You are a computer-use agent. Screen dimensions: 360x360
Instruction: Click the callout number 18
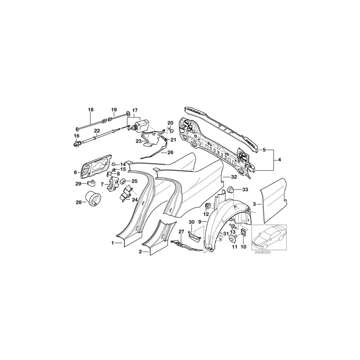point(90,110)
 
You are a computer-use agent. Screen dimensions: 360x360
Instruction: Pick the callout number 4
point(279,160)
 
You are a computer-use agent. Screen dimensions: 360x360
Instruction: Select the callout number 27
point(181,231)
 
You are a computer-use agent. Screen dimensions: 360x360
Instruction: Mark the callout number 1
point(113,243)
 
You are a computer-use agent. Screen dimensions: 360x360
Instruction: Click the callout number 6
point(75,172)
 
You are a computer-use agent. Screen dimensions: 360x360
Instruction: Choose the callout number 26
point(170,152)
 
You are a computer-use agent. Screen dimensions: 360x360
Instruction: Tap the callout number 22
point(97,131)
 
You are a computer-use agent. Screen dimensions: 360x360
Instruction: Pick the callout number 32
point(234,176)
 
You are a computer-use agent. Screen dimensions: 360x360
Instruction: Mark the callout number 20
point(170,123)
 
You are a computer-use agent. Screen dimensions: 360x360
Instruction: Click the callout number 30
point(191,222)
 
